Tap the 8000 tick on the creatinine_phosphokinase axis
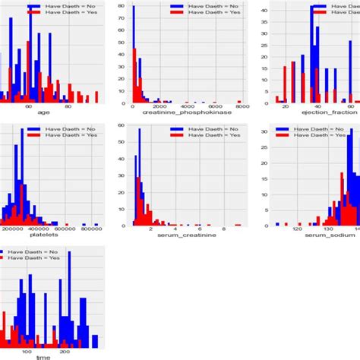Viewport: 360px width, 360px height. (x=242, y=107)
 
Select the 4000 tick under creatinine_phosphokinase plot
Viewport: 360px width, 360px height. (x=187, y=107)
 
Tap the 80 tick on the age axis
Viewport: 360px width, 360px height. (x=68, y=107)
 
